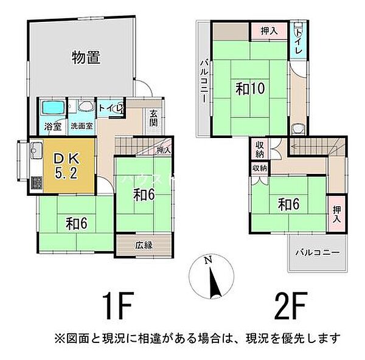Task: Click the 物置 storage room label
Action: coord(86,58)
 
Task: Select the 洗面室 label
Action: coord(81,126)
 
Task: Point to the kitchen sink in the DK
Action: coord(35,149)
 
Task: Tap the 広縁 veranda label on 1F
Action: coord(143,245)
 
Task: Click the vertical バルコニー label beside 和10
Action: coord(204,81)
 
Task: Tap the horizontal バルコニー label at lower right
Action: coord(317,251)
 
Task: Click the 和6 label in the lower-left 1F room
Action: coord(77,224)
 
